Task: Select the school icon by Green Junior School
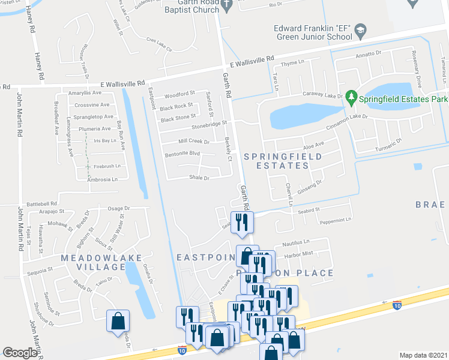[360, 30]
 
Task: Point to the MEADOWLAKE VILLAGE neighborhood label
[101, 262]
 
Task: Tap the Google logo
[20, 353]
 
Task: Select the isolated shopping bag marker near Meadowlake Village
[118, 320]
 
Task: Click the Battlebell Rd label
[40, 204]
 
